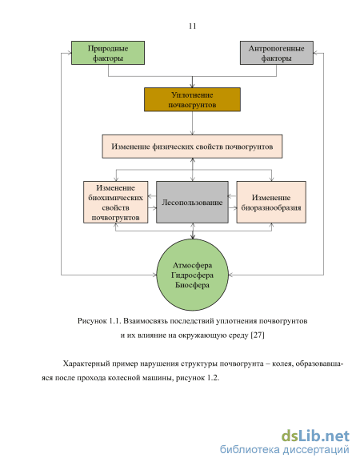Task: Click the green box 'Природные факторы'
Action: [x=108, y=53]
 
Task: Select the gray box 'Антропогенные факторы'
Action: [x=277, y=53]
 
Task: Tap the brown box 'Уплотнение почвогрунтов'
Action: [x=192, y=99]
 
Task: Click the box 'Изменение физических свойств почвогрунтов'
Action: [x=192, y=147]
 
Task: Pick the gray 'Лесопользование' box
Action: [x=192, y=202]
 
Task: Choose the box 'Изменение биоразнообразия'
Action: [x=271, y=202]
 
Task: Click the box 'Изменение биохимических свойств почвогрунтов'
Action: [x=115, y=202]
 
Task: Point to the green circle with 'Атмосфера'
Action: [x=193, y=275]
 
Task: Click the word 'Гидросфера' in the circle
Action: [x=192, y=275]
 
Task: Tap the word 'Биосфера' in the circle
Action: [x=192, y=285]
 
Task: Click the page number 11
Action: [x=192, y=26]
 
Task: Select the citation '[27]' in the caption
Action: [x=258, y=335]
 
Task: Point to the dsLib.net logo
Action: [x=315, y=436]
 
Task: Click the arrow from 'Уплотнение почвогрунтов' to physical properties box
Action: [x=192, y=123]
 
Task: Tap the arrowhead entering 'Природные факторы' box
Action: [x=70, y=53]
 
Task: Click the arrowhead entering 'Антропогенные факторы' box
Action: [x=315, y=53]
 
